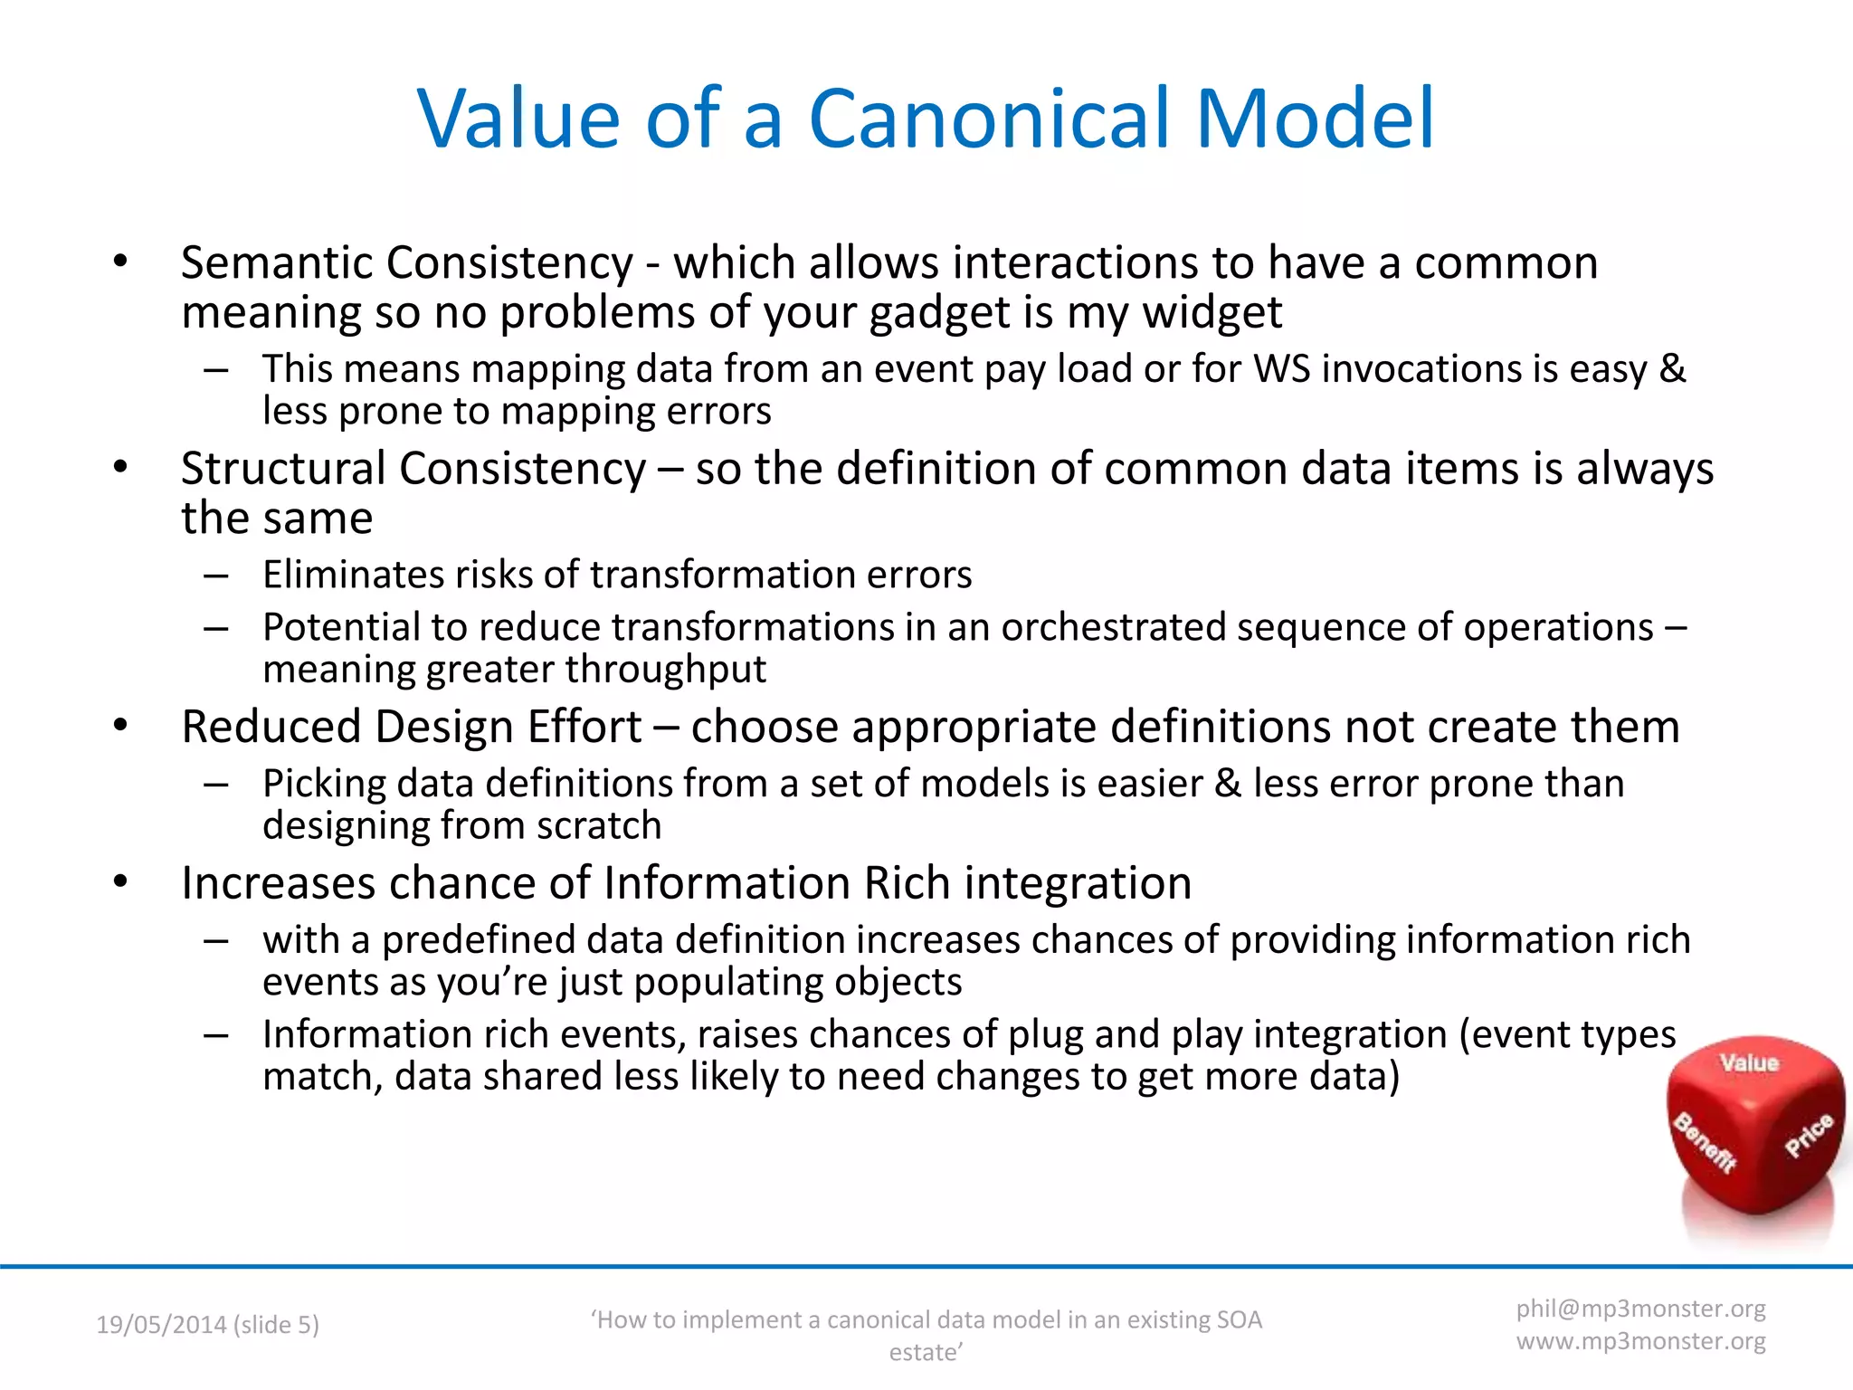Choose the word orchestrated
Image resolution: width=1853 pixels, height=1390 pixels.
click(1113, 627)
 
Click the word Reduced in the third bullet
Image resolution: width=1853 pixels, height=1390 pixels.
click(271, 727)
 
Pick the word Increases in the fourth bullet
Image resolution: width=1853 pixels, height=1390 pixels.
click(278, 883)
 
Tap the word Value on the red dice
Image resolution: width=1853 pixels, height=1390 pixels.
click(1749, 1062)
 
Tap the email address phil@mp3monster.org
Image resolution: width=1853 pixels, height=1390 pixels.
click(1640, 1309)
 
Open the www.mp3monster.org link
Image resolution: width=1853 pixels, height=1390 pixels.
click(1640, 1341)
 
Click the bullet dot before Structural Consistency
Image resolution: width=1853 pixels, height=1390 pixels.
click(120, 468)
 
